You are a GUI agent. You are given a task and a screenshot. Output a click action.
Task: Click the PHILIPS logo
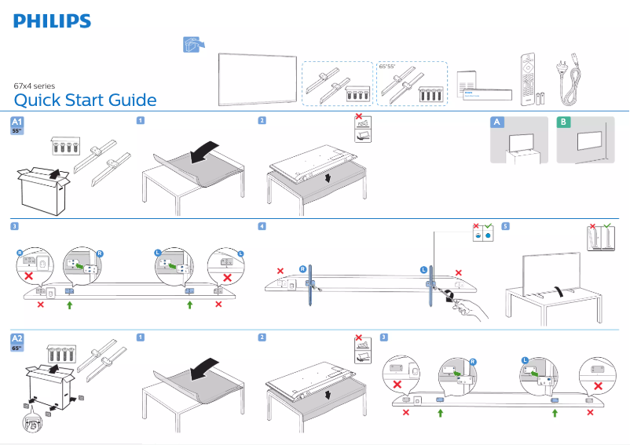52,21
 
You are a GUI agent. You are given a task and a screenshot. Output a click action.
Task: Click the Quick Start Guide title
85,100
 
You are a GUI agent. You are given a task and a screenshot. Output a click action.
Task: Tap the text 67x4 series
35,86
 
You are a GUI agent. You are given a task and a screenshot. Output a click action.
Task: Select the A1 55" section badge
17,126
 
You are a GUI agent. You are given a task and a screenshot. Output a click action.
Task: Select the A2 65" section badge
17,341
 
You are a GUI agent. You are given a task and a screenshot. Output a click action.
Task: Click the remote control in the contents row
526,79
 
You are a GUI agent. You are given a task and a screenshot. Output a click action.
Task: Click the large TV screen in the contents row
258,78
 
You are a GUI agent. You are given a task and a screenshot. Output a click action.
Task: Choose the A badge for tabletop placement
496,122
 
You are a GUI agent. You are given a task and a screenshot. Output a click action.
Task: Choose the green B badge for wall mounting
562,122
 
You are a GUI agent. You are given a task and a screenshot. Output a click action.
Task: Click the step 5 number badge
505,226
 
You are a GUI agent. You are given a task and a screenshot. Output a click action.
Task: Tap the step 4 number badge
262,226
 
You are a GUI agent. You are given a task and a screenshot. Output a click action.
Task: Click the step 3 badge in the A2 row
383,337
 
